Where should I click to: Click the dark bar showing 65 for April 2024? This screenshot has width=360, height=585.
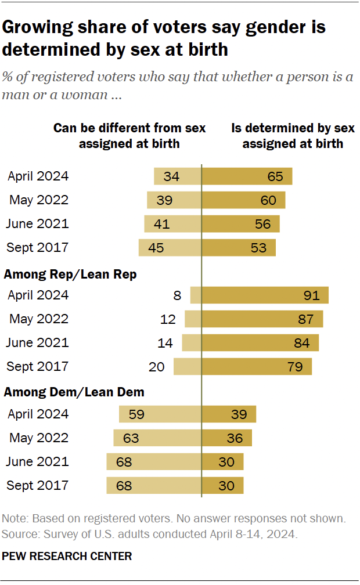246,176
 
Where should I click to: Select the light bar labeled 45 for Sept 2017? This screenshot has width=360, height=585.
170,247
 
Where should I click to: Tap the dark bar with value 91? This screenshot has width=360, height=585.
265,295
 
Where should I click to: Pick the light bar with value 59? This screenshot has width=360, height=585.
160,414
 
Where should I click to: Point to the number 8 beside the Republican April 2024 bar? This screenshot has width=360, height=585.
177,295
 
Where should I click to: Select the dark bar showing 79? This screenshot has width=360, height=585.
256,366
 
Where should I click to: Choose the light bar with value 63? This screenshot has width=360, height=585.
157,438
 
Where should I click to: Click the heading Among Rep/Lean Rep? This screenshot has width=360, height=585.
70,275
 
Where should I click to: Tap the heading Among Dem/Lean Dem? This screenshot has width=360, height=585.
74,392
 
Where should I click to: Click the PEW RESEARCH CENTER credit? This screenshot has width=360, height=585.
67,556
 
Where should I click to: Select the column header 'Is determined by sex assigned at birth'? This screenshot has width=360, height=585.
293,135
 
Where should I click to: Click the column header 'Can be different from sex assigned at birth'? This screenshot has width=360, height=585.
129,135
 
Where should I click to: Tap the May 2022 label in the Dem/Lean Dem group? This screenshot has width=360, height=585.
39,438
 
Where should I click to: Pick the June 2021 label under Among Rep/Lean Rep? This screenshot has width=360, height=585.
37,342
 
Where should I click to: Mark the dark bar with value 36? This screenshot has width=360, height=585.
226,438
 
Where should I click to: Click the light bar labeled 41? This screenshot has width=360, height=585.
172,223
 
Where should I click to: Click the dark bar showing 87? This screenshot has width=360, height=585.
262,319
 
